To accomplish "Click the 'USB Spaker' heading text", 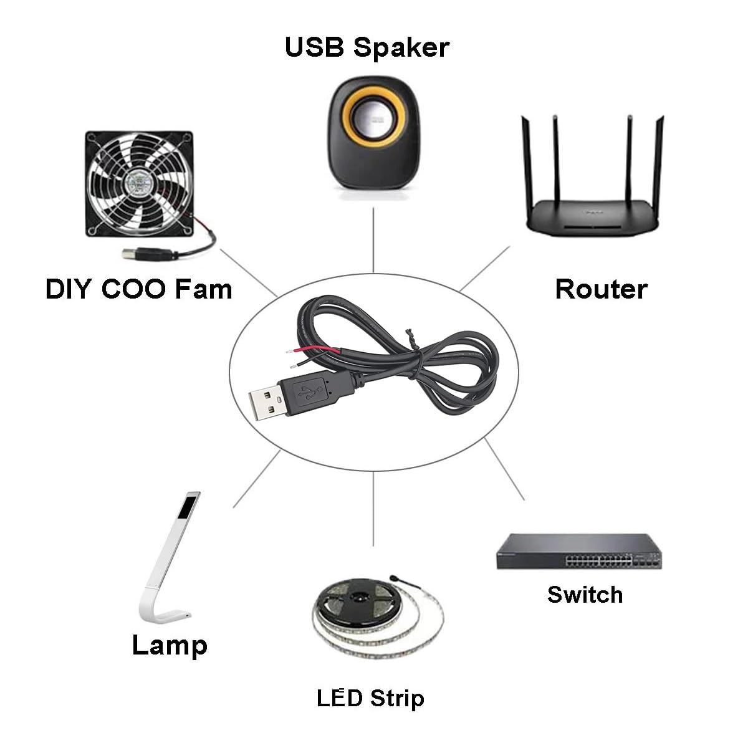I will pyautogui.click(x=367, y=47).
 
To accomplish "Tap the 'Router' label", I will pyautogui.click(x=601, y=289).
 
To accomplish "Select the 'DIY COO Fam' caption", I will pyautogui.click(x=138, y=289).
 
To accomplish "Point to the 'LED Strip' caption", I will pyautogui.click(x=370, y=698).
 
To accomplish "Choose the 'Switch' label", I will pyautogui.click(x=585, y=595).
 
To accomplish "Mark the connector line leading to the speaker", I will pyautogui.click(x=373, y=240).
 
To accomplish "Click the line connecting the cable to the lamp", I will pyautogui.click(x=256, y=480).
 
